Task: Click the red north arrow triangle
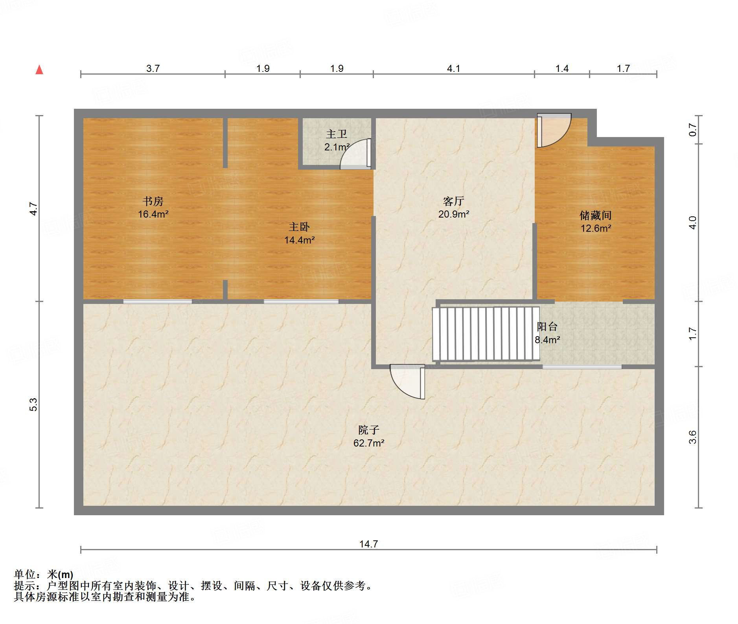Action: pyautogui.click(x=39, y=70)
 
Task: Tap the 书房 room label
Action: pyautogui.click(x=153, y=201)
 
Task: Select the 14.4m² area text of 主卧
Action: pyautogui.click(x=299, y=240)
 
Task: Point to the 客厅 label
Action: pyautogui.click(x=453, y=201)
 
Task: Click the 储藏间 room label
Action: pyautogui.click(x=595, y=215)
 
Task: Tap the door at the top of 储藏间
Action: pyautogui.click(x=554, y=130)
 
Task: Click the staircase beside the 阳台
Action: pyautogui.click(x=486, y=334)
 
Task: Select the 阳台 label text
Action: pyautogui.click(x=547, y=326)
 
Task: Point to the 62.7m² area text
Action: pyautogui.click(x=368, y=443)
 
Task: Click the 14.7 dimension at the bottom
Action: pyautogui.click(x=368, y=544)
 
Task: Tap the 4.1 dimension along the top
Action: pyautogui.click(x=453, y=69)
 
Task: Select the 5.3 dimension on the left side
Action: pyautogui.click(x=34, y=404)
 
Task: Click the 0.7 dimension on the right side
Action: pyautogui.click(x=692, y=130)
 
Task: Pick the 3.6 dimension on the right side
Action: pyautogui.click(x=692, y=437)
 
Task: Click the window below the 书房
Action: pyautogui.click(x=157, y=302)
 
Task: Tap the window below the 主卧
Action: pyautogui.click(x=301, y=302)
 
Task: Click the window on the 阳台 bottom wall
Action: pyautogui.click(x=582, y=367)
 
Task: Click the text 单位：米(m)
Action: pyautogui.click(x=44, y=575)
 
